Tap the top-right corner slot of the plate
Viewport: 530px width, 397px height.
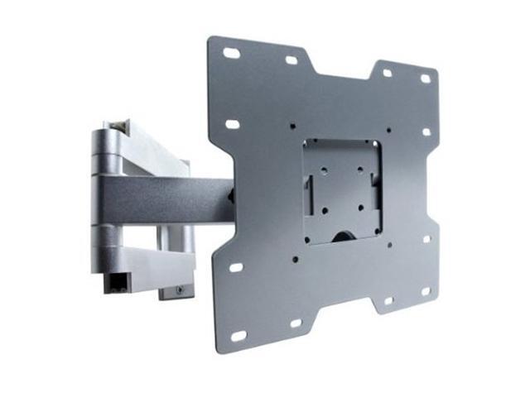click(426, 79)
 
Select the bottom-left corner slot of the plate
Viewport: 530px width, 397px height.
click(238, 336)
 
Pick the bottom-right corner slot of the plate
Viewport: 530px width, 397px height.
click(426, 291)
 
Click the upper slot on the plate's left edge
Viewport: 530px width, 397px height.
click(233, 124)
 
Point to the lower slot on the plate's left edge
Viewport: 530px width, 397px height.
click(234, 268)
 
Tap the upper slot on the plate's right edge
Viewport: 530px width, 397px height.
click(427, 131)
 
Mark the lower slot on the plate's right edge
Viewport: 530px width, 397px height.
click(427, 240)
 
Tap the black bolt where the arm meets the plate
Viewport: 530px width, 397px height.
click(234, 198)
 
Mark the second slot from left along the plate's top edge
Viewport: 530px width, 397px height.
click(291, 60)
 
